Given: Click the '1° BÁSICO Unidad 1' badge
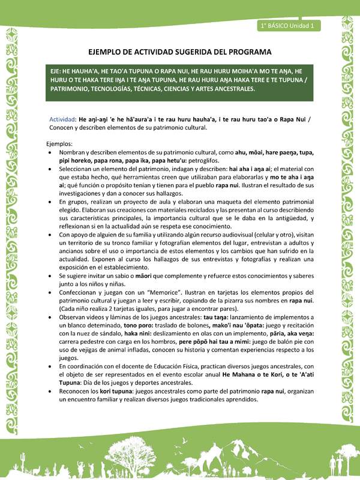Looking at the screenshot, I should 290,26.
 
